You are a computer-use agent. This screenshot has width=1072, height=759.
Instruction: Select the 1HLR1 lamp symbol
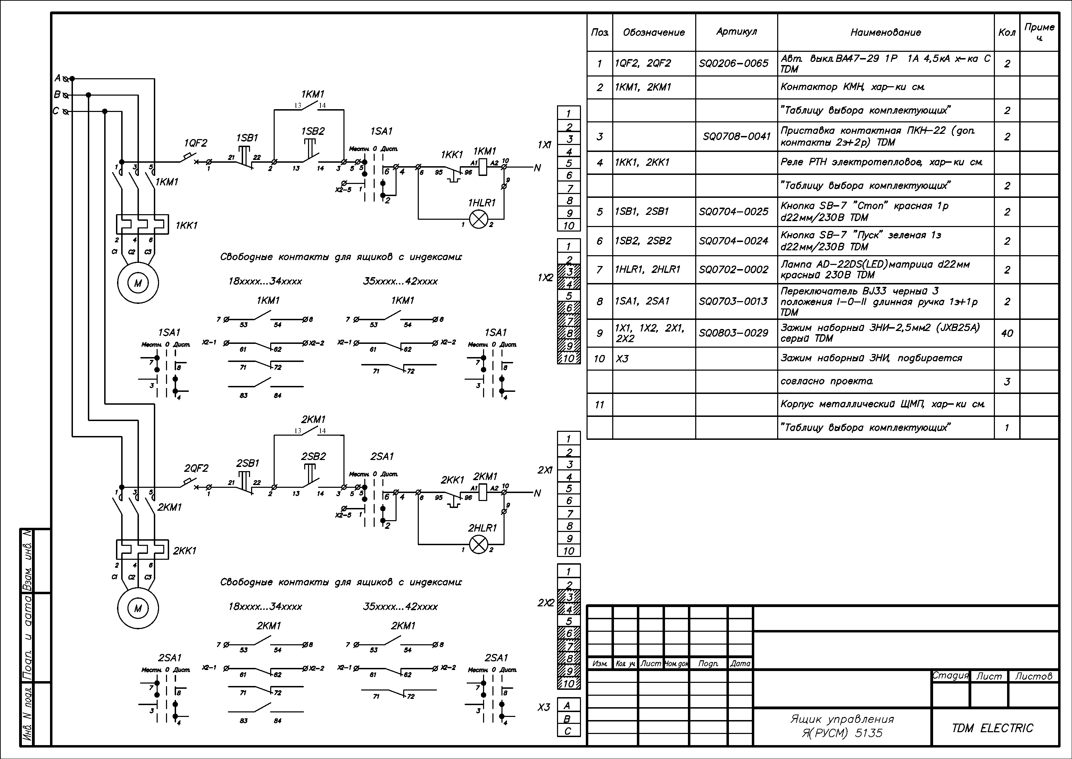(x=478, y=219)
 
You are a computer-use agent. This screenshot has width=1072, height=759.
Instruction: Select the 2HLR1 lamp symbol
(x=478, y=544)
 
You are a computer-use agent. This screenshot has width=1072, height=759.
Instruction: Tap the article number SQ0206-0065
(x=733, y=63)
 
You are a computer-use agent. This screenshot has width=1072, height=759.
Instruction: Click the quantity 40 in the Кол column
(x=1007, y=333)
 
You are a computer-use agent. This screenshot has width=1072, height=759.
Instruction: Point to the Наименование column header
(x=886, y=32)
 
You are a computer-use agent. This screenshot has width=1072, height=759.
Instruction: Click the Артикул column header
(x=736, y=32)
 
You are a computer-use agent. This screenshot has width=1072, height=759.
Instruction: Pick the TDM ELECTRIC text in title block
(x=992, y=728)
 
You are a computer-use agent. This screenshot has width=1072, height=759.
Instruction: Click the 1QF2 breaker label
(x=196, y=143)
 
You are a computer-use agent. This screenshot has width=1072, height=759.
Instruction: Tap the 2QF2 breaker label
(x=196, y=468)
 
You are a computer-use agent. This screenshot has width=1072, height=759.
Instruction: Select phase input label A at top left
(x=58, y=78)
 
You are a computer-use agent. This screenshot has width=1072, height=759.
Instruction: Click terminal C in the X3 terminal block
(x=568, y=731)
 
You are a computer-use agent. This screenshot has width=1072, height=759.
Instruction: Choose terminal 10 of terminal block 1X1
(x=569, y=226)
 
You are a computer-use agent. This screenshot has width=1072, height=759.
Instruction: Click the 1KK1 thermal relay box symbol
(x=142, y=224)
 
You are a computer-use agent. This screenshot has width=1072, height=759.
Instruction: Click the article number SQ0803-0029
(x=733, y=333)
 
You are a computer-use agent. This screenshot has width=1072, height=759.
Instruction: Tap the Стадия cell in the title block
(x=950, y=676)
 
